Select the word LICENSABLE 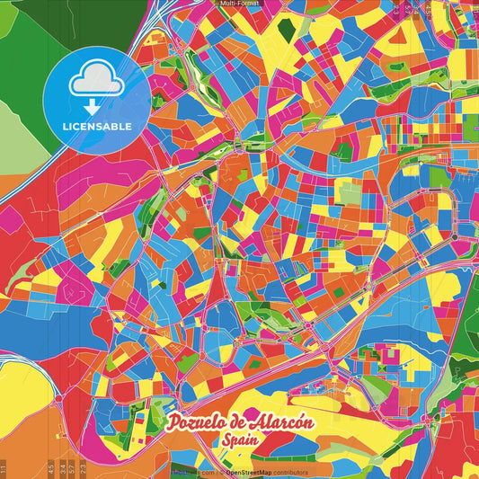pos(96,126)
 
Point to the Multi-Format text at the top pos(239,4)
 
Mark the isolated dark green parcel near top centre pos(286,30)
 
